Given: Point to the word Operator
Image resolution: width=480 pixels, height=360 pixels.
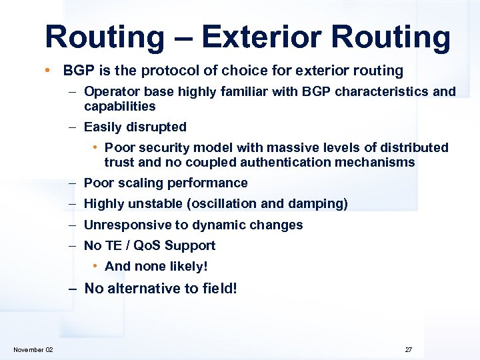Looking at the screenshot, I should [110, 91].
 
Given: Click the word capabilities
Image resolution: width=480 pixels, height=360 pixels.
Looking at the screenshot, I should [119, 106].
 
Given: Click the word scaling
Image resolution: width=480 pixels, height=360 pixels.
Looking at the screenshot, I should [141, 183].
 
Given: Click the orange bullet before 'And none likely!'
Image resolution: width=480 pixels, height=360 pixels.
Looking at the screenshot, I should [97, 267].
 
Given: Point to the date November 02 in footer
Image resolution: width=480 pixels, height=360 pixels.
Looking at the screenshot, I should [33, 350].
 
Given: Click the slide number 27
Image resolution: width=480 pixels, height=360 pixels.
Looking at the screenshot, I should [408, 350].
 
